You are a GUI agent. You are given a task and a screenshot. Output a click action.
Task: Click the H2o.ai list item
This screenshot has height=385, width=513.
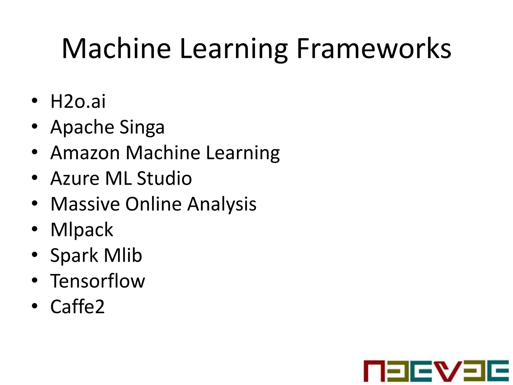coord(78,101)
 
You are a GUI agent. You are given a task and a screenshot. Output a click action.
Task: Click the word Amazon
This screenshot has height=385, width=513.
coord(85,153)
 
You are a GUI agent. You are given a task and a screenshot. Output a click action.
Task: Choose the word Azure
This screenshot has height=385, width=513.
coord(75,178)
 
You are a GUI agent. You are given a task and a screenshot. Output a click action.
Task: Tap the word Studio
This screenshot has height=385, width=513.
coord(164,178)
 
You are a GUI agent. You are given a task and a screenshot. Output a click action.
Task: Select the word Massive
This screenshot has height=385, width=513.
coord(85,204)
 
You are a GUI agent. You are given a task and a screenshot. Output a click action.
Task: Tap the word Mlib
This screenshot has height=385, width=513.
coord(123,255)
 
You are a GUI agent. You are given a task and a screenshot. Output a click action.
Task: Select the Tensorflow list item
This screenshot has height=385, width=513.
coord(98,281)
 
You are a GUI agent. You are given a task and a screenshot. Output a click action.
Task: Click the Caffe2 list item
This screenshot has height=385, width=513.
coord(77,307)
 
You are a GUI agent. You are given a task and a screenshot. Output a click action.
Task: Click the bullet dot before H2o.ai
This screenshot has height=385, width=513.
coord(35,101)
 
